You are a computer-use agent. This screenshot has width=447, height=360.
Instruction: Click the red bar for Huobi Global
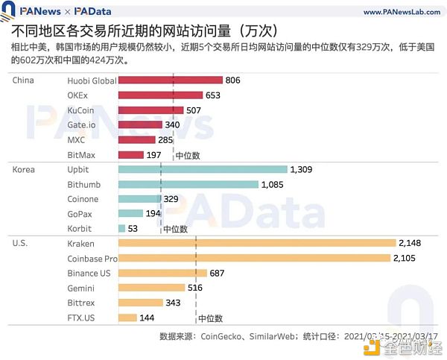tap(170, 80)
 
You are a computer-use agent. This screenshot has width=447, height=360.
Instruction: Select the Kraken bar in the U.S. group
tap(256, 243)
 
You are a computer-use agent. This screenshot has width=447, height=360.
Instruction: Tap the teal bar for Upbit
tap(202, 169)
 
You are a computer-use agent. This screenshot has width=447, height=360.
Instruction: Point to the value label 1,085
tap(274, 184)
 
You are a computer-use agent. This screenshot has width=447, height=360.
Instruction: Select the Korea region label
tap(24, 169)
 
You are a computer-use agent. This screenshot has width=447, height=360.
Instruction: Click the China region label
tap(24, 80)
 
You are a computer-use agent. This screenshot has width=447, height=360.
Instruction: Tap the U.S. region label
tap(22, 243)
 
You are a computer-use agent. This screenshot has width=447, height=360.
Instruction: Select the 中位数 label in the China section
tap(188, 155)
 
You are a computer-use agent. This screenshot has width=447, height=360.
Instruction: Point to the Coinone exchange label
tap(83, 199)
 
